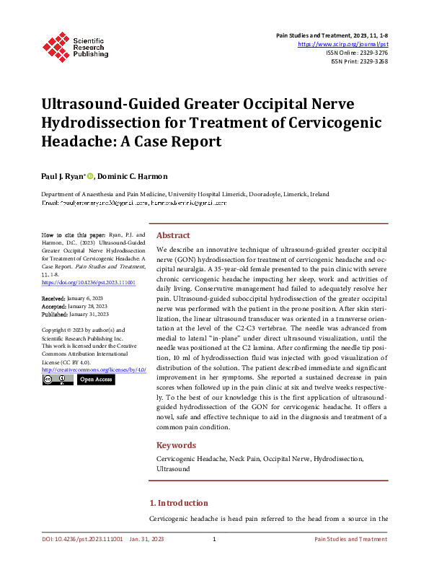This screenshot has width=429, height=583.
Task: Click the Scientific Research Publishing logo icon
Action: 55,45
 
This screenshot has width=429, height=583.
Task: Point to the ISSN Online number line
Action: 358,53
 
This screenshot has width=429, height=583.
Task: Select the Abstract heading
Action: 173,235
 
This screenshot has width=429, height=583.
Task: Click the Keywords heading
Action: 175,445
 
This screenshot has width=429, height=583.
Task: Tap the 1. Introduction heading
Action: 178,503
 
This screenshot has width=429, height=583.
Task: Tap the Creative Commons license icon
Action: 57,379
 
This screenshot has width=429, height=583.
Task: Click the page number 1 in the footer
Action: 214,539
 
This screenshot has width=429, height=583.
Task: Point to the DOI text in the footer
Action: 80,539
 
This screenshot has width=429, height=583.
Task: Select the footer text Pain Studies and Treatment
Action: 350,539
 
